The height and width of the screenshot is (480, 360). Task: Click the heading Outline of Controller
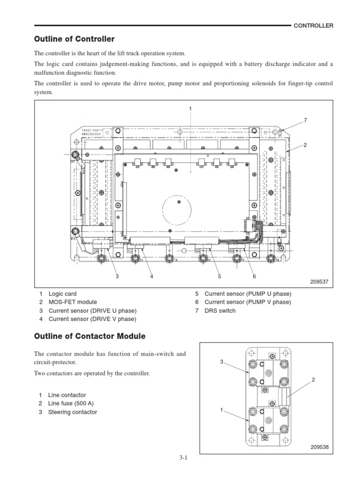tap(74, 38)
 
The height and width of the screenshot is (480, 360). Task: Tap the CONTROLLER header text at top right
tap(313, 26)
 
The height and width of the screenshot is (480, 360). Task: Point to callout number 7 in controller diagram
tap(305, 120)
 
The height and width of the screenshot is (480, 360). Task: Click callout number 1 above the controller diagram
tap(190, 109)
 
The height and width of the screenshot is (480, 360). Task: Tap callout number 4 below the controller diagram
tap(152, 277)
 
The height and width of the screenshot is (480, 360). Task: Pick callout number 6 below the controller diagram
tap(254, 277)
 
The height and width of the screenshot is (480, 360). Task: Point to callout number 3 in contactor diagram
tap(222, 362)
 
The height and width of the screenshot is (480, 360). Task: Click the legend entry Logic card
tap(66, 294)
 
